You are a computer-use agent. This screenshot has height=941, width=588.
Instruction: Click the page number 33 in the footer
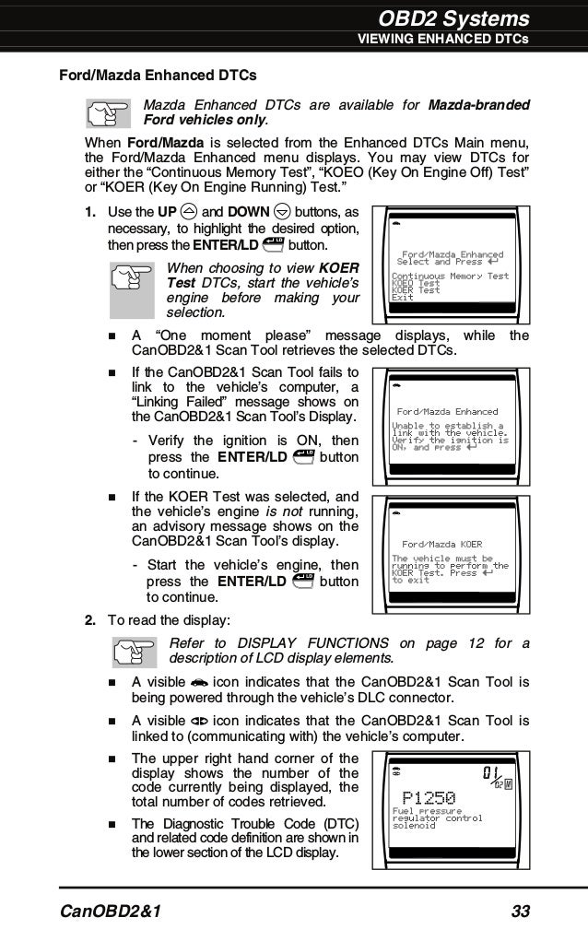point(520,912)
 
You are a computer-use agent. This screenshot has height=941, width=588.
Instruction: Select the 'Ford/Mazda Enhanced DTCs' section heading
point(158,74)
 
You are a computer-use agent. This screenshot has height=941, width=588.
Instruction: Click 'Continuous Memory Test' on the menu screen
point(450,276)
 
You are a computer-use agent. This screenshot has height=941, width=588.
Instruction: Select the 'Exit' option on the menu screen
point(402,297)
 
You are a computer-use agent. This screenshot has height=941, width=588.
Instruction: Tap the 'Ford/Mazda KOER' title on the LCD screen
point(442,544)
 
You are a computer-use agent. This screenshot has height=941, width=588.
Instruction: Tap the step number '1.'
point(91,212)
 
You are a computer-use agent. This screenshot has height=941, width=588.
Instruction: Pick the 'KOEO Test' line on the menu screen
point(416,283)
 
